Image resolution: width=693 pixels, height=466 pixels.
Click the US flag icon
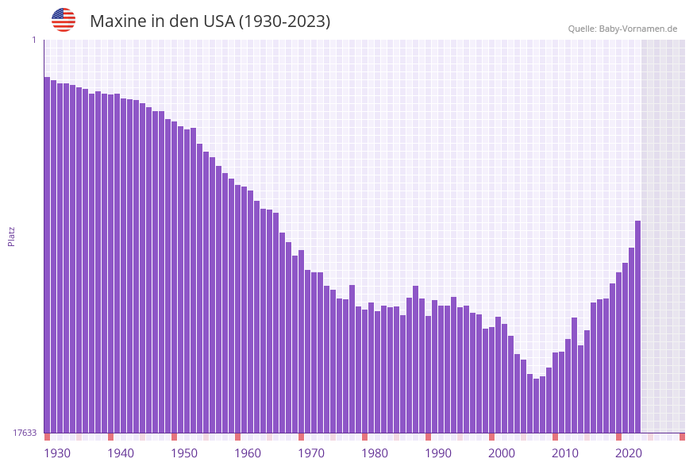pyautogui.click(x=64, y=20)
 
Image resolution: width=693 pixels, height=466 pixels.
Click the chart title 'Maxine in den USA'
pyautogui.click(x=210, y=21)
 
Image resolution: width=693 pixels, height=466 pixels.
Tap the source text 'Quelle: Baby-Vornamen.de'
pyautogui.click(x=622, y=29)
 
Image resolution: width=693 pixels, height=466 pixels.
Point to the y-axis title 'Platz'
pyautogui.click(x=12, y=236)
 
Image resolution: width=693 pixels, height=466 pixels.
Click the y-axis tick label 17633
pyautogui.click(x=25, y=433)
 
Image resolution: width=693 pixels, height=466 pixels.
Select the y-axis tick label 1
pyautogui.click(x=33, y=40)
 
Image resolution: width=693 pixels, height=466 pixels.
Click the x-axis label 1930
pyautogui.click(x=57, y=453)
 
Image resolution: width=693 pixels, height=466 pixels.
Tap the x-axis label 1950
pyautogui.click(x=184, y=453)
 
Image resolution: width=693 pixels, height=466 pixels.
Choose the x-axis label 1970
pyautogui.click(x=311, y=453)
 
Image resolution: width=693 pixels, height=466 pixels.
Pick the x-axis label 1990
pyautogui.click(x=438, y=453)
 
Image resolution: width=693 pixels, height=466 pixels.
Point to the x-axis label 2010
pyautogui.click(x=565, y=453)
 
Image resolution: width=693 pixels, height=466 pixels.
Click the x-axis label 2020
pyautogui.click(x=629, y=453)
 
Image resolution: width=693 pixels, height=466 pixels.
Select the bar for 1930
pyautogui.click(x=47, y=254)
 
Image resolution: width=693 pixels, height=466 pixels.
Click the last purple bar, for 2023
pyautogui.click(x=637, y=325)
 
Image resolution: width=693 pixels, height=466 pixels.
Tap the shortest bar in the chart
pyautogui.click(x=536, y=406)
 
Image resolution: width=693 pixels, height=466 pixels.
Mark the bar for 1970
pyautogui.click(x=301, y=341)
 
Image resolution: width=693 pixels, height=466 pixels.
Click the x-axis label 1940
pyautogui.click(x=121, y=453)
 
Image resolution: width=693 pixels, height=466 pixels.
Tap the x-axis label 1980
pyautogui.click(x=375, y=453)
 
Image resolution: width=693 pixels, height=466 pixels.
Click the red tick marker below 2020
pyautogui.click(x=618, y=437)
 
